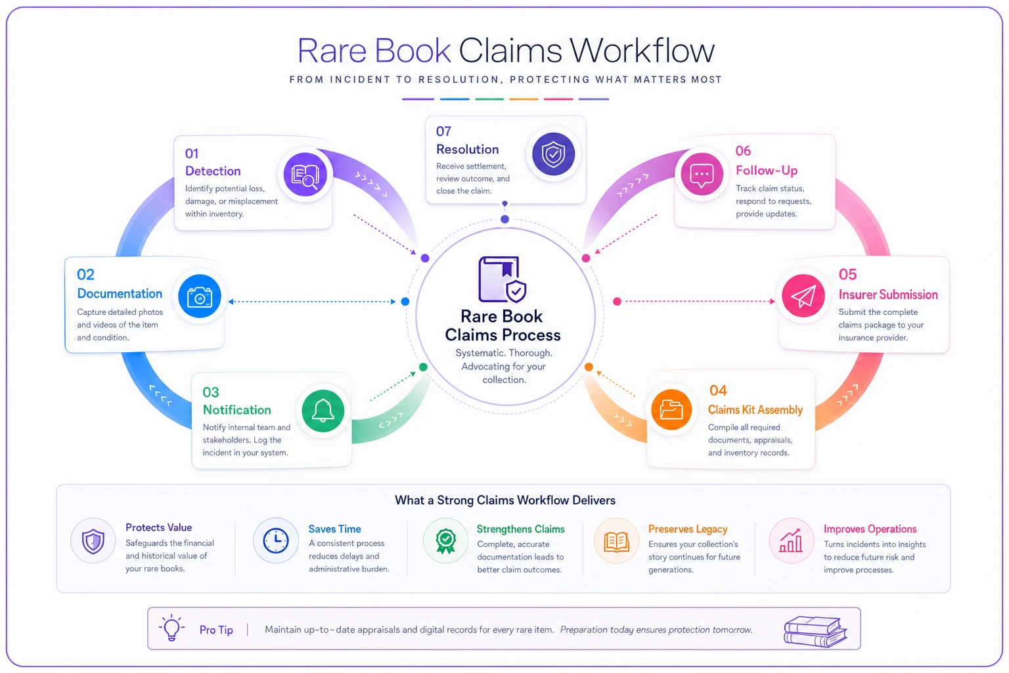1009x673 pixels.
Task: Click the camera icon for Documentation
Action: click(200, 296)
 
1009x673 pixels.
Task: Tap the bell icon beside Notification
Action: click(323, 411)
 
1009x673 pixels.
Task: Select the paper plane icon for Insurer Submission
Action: click(803, 296)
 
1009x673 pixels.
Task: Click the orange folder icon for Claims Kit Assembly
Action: click(671, 409)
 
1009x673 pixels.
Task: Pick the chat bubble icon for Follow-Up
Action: click(702, 174)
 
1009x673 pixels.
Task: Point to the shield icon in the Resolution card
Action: click(553, 154)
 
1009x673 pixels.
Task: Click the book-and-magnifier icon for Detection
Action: click(305, 174)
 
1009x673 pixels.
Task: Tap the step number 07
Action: click(443, 131)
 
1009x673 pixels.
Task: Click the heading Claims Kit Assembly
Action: click(755, 409)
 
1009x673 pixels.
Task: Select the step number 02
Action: click(85, 275)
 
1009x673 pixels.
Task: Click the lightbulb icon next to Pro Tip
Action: click(171, 628)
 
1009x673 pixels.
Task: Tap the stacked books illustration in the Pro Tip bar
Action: click(815, 632)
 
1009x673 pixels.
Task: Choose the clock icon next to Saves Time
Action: click(276, 540)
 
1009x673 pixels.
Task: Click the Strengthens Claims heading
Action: click(520, 529)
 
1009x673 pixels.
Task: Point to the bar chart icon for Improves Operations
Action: click(791, 541)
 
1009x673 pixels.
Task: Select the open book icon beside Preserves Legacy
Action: click(616, 542)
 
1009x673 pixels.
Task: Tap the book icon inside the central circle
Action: click(503, 279)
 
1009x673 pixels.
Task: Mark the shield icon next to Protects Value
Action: click(93, 541)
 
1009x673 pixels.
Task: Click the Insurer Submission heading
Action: click(888, 295)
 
